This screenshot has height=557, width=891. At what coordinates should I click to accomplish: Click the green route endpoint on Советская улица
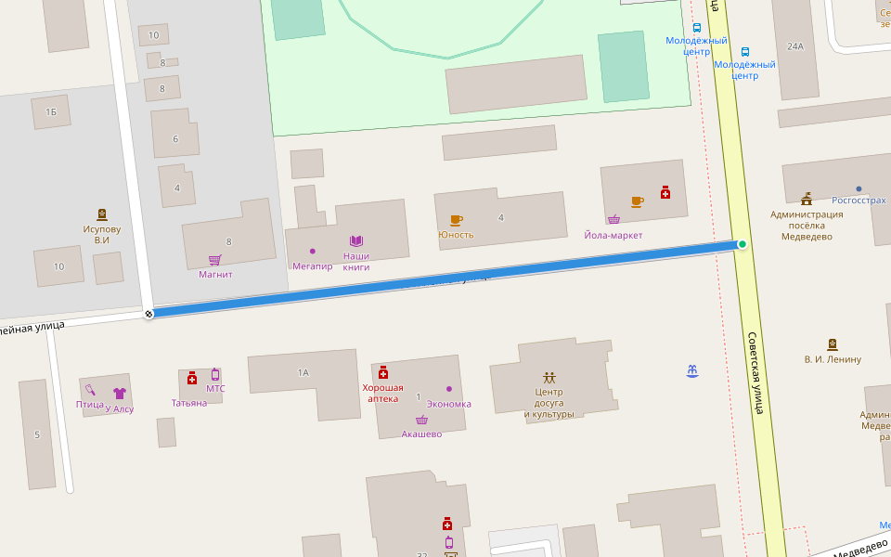click(x=742, y=244)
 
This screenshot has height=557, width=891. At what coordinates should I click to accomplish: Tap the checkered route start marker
click(x=148, y=314)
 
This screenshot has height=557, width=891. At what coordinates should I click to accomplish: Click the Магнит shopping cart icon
click(x=214, y=260)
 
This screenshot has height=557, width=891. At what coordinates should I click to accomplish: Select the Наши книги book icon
click(x=355, y=240)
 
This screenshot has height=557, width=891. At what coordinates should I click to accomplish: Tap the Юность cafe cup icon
click(x=456, y=220)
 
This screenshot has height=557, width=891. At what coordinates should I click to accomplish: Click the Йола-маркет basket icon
click(x=613, y=220)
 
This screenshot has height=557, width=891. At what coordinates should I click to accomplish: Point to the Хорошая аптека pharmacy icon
click(x=382, y=372)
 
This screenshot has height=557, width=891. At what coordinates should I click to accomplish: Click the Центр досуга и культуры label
click(x=549, y=403)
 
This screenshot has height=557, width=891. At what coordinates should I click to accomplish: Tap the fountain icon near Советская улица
click(x=691, y=371)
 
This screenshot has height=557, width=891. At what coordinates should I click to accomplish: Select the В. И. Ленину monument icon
click(x=832, y=344)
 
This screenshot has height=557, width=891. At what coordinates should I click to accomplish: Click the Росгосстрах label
click(x=859, y=200)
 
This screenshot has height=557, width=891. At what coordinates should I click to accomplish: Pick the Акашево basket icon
click(x=421, y=420)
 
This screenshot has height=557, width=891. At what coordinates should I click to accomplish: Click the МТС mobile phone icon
click(x=215, y=374)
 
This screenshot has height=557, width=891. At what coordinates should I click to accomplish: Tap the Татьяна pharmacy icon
click(x=192, y=378)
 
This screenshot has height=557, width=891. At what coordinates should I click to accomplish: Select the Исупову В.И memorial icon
click(x=101, y=214)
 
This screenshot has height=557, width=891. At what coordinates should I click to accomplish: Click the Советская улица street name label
click(x=755, y=372)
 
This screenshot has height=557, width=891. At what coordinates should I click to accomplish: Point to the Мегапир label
click(x=312, y=266)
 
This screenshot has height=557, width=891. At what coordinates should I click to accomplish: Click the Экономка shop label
click(x=448, y=404)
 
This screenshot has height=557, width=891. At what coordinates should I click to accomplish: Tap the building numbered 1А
click(x=303, y=372)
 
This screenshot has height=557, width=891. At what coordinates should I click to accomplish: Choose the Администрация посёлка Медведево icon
click(x=807, y=198)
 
